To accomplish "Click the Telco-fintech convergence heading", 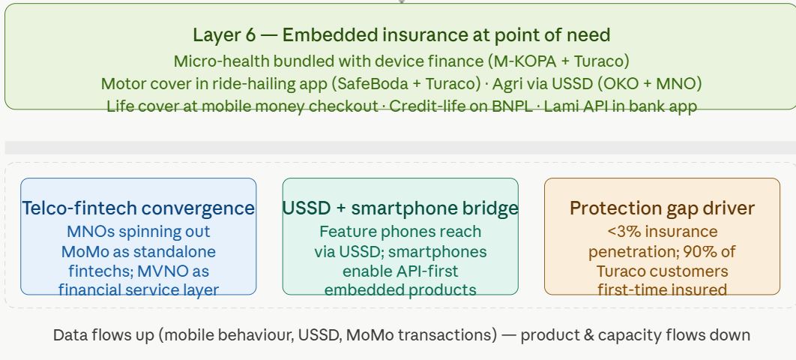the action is coord(138,208).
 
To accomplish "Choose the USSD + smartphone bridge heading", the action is coord(400,208).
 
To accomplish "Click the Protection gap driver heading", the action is coord(662,208).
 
